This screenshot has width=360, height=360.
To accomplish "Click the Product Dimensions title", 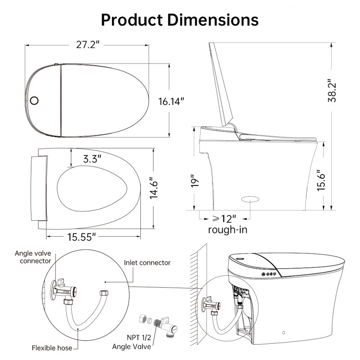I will pos(180,20).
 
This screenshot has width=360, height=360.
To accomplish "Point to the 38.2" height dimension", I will pos(332,91).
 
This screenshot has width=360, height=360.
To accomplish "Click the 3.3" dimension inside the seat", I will pos(92,158).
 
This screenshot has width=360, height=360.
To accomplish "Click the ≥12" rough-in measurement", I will pos(224,219).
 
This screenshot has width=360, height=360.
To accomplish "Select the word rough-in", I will pos(228,230).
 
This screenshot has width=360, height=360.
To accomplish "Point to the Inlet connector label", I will pos(147,263).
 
